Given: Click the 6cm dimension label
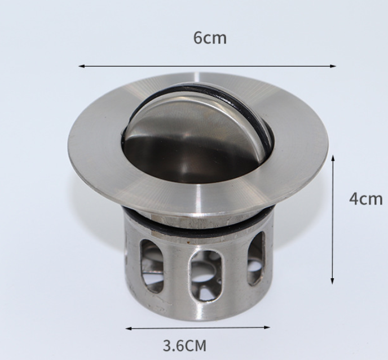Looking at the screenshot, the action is click(210, 38).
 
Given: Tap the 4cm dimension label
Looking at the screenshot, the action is click(366, 199).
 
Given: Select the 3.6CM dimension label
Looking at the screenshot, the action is click(184, 346).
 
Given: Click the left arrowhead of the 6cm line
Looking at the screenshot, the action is click(82, 66).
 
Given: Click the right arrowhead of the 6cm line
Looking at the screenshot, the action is click(333, 66).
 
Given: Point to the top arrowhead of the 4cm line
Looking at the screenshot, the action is click(333, 158).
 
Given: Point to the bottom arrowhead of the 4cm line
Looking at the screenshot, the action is click(332, 281).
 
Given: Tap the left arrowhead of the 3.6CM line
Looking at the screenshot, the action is click(129, 328).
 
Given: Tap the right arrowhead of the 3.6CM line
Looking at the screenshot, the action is click(267, 327).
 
